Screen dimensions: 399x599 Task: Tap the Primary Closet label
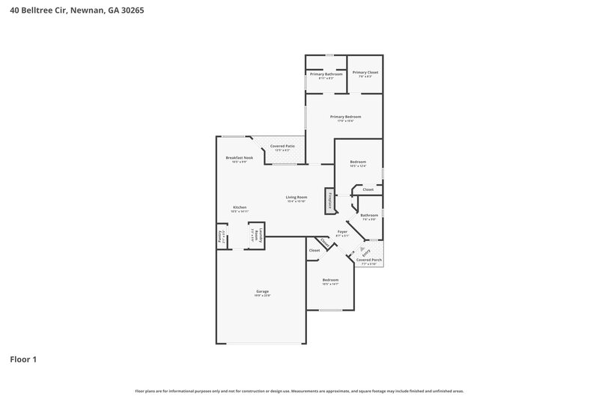click(365, 73)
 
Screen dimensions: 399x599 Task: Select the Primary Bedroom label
click(345, 117)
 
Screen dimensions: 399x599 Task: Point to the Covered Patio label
click(282, 146)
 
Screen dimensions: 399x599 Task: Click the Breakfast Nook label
click(240, 158)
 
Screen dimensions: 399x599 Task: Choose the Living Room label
click(297, 198)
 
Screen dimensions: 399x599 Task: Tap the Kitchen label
click(240, 207)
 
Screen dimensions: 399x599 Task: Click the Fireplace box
click(328, 201)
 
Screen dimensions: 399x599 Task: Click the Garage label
click(262, 292)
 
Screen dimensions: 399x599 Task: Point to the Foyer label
click(342, 232)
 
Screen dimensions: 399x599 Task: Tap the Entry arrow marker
click(364, 249)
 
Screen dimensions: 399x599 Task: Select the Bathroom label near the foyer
click(370, 215)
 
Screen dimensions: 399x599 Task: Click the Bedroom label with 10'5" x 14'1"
click(330, 280)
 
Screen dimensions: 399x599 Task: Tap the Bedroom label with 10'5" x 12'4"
click(359, 162)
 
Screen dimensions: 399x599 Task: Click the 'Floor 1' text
click(23, 359)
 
